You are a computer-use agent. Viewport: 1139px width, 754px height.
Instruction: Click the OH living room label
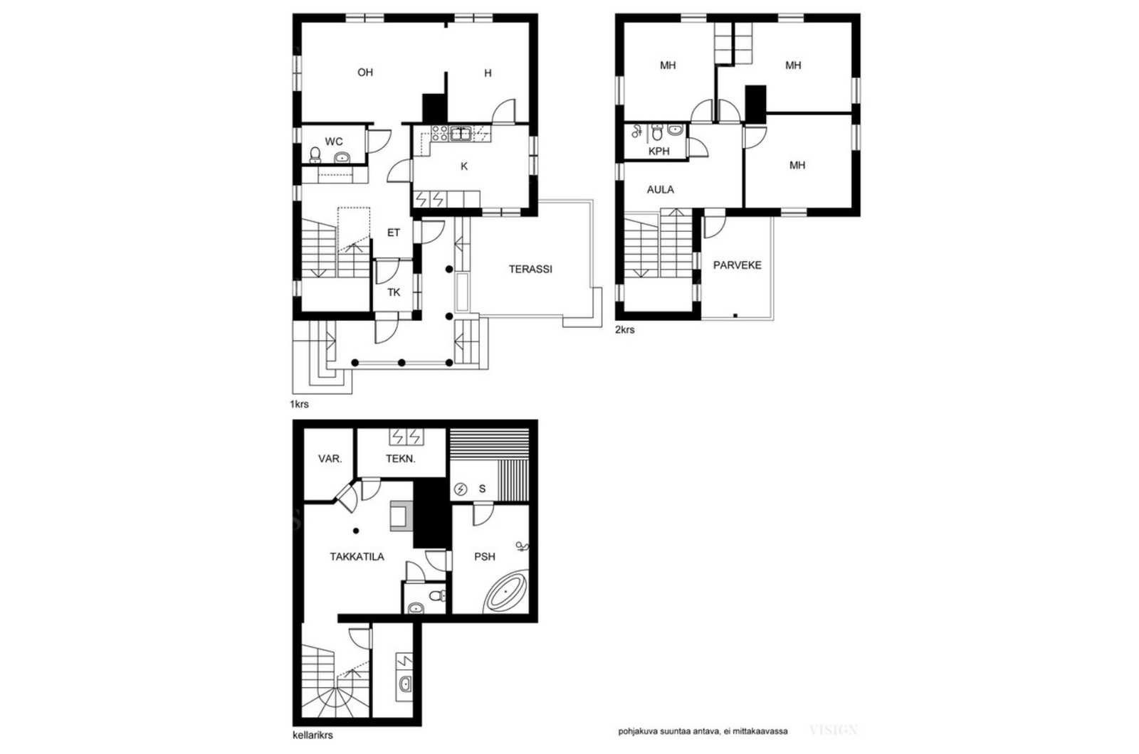pos(365,73)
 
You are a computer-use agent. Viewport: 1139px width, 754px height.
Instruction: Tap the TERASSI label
pos(530,270)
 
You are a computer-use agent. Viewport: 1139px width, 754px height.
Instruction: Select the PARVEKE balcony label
pos(738,265)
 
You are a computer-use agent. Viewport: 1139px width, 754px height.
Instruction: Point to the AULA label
pos(660,189)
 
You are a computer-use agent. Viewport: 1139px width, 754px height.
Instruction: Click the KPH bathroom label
pos(659,152)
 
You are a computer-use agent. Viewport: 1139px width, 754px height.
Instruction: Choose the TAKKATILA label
pos(357,557)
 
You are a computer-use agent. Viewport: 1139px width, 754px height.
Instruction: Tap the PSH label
pos(485,557)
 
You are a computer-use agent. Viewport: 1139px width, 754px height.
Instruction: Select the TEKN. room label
pos(401,459)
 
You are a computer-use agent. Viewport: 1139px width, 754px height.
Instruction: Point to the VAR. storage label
pos(330,459)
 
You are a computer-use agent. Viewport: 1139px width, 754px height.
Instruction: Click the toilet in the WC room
pos(315,154)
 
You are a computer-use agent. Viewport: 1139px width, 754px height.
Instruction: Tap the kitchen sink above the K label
pos(461,134)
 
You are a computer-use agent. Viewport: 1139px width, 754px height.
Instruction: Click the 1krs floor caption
pos(299,405)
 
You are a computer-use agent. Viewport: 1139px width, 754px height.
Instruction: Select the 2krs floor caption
pos(624,330)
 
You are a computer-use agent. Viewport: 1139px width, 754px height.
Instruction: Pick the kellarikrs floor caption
pos(313,735)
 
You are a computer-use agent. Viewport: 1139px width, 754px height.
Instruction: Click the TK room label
pos(394,292)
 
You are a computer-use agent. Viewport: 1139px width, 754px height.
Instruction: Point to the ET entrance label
pos(394,233)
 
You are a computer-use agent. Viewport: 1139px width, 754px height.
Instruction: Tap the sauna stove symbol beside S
pos(460,489)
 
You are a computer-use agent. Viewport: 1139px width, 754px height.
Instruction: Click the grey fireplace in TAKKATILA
pos(401,516)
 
